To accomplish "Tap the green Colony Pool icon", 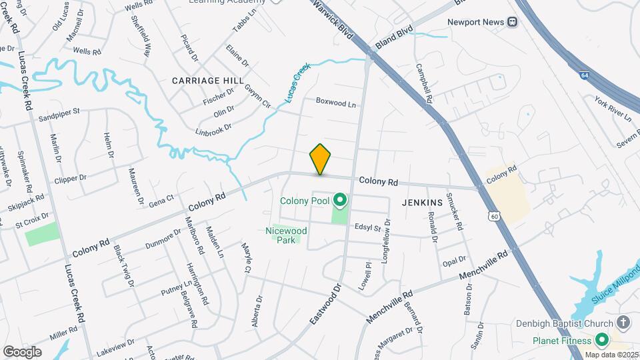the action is [341, 200].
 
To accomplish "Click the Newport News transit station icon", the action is [513, 22].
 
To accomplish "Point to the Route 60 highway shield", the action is [493, 216].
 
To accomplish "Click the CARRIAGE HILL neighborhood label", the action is [207, 80].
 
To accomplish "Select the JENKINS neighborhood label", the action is [423, 202].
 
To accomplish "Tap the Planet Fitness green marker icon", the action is [603, 341].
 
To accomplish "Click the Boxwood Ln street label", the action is [336, 103].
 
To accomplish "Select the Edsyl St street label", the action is [367, 228].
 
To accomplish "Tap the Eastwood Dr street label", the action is [325, 304].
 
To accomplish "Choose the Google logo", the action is [22, 351].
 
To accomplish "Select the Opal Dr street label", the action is [454, 260].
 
